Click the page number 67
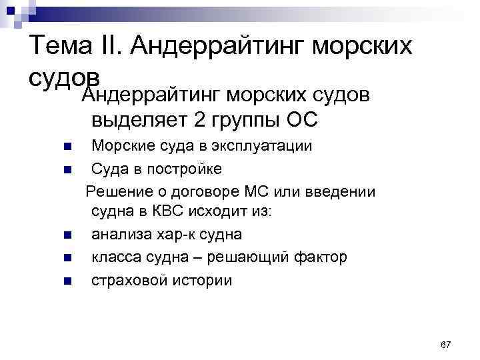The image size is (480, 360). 446,344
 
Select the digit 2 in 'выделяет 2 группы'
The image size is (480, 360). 200,120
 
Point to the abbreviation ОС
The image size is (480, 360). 301,120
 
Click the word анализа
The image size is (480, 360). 121,235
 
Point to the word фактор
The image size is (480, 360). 323,257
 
